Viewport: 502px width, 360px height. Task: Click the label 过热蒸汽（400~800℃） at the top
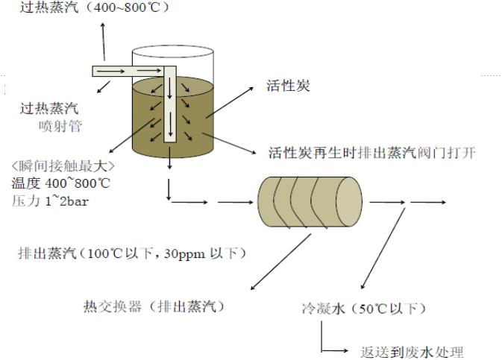89,7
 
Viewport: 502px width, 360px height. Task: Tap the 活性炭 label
288,86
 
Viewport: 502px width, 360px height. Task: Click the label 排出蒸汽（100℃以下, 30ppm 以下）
132,254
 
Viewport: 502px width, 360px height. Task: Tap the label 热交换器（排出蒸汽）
155,306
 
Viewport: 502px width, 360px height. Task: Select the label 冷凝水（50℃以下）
351,307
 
